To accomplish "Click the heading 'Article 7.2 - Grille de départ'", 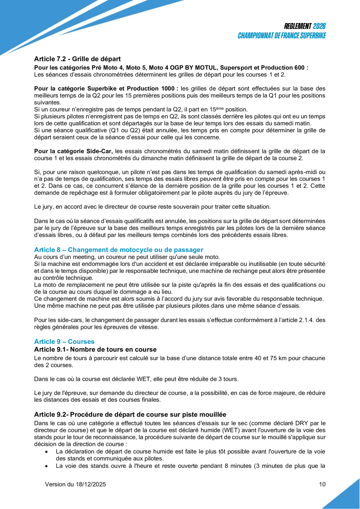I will [x=77, y=59].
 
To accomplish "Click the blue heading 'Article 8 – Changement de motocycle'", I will [x=119, y=249].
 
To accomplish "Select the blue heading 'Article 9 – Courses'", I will [x=64, y=341].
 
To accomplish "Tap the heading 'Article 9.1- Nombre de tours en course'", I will [x=95, y=349].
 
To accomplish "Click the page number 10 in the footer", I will [x=322, y=484].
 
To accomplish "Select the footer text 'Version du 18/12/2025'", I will [x=76, y=484].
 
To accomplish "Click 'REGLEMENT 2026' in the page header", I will [x=305, y=27].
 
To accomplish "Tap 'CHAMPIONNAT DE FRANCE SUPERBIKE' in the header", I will [x=282, y=36].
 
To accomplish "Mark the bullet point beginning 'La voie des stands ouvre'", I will [x=190, y=466].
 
